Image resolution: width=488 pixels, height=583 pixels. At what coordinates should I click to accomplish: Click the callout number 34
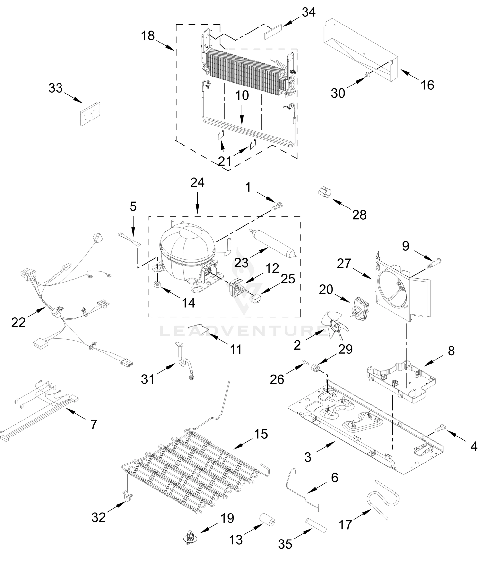[309, 12]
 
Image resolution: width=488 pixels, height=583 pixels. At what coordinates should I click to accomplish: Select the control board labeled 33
[90, 114]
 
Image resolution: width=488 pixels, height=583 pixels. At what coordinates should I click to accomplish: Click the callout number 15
[261, 434]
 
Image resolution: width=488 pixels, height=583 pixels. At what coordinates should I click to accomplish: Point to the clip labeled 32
[127, 497]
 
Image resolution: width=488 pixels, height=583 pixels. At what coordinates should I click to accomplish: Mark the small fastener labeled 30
[368, 75]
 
